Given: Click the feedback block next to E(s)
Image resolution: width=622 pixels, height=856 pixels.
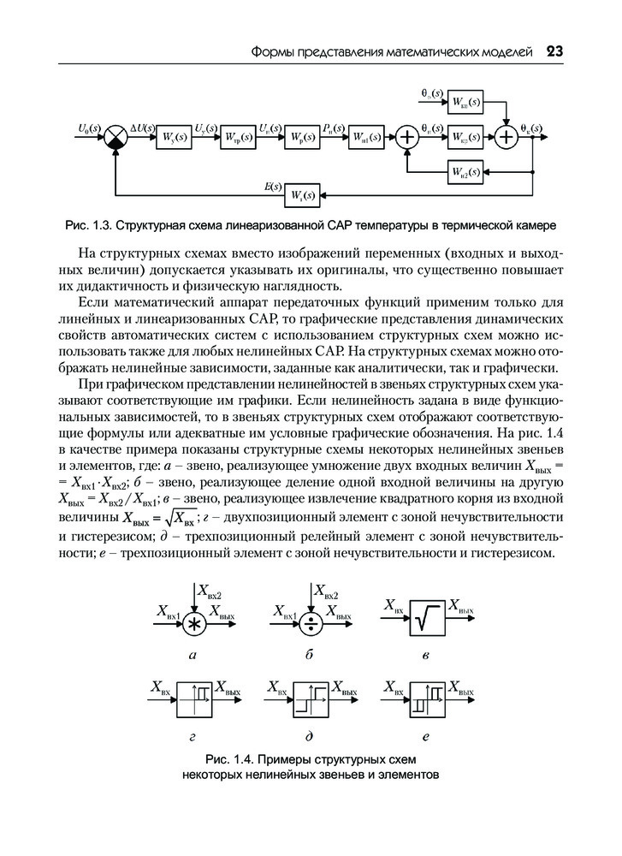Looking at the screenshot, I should [x=302, y=195].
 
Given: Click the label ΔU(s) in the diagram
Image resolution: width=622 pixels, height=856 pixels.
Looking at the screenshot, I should [x=139, y=128].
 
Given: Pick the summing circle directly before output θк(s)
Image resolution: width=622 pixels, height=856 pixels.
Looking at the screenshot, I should [x=507, y=136].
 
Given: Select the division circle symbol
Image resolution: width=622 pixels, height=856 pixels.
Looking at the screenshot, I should [x=311, y=623].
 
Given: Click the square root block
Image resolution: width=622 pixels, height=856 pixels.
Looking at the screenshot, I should [x=426, y=617].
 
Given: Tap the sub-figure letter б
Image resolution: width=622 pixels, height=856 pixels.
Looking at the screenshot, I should [x=309, y=655].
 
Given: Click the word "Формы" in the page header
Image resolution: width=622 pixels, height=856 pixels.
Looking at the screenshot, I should [x=271, y=53].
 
